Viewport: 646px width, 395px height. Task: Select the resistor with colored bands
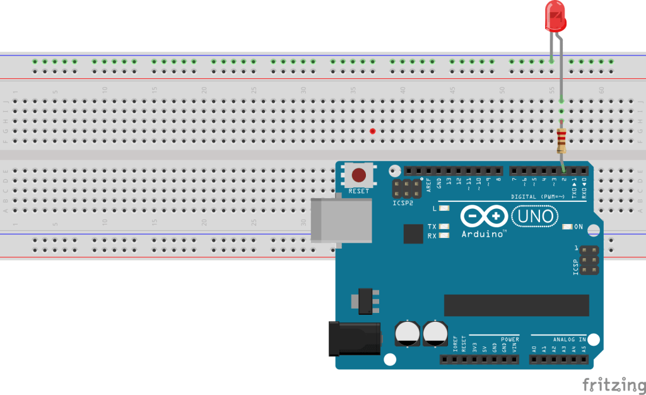click(561, 141)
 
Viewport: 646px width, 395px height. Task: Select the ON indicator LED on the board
click(567, 227)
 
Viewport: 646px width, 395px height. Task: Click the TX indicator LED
click(445, 227)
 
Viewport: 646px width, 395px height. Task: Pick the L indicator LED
click(445, 208)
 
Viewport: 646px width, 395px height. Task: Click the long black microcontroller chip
click(516, 305)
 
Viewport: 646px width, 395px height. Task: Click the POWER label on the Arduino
click(509, 339)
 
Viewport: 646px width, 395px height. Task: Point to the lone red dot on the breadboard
click(373, 131)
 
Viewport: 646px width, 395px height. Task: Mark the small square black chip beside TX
click(413, 233)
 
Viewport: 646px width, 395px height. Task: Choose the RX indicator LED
click(445, 236)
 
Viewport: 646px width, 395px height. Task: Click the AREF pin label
click(429, 184)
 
